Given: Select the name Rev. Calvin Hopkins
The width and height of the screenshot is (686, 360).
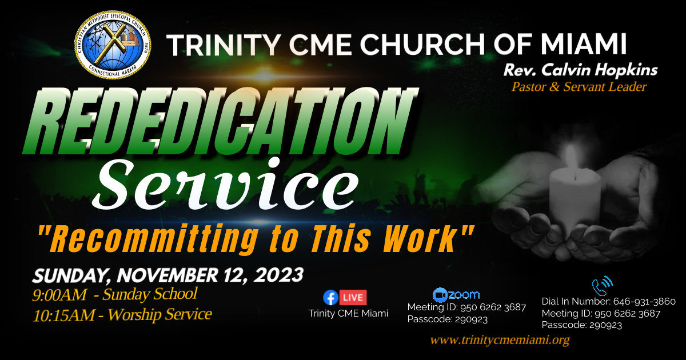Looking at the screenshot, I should pyautogui.click(x=580, y=71).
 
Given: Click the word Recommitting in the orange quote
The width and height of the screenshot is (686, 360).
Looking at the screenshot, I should pyautogui.click(x=149, y=239).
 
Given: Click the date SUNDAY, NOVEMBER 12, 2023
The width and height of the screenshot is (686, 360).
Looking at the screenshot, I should pyautogui.click(x=167, y=275).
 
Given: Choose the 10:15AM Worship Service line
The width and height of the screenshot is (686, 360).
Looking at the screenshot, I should pyautogui.click(x=122, y=314).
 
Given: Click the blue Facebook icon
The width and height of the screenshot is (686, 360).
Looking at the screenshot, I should pyautogui.click(x=330, y=297).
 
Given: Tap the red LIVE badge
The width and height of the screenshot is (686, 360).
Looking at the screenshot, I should pyautogui.click(x=353, y=297).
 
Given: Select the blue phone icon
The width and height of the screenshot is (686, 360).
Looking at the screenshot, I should pyautogui.click(x=601, y=284).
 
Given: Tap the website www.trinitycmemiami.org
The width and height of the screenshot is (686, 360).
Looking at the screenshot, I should pyautogui.click(x=500, y=341).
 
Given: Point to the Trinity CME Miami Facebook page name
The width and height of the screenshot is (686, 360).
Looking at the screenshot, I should pyautogui.click(x=348, y=313).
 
